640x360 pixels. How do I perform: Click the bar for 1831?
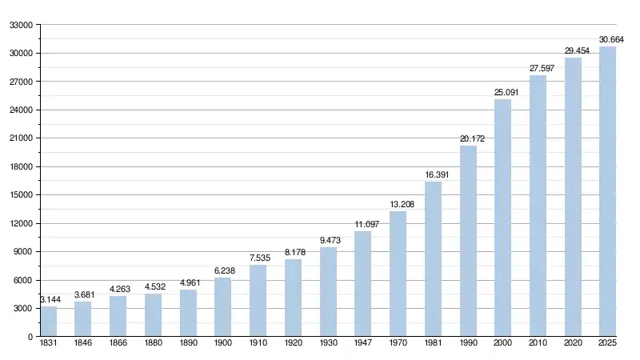pyautogui.click(x=49, y=322)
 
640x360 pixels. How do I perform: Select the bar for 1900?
pyautogui.click(x=222, y=307)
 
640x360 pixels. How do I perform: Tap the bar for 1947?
pyautogui.click(x=362, y=284)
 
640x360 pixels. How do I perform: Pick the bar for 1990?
pyautogui.click(x=468, y=241)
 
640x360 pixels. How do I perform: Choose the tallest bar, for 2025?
pyautogui.click(x=608, y=192)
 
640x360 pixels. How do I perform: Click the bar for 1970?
pyautogui.click(x=398, y=274)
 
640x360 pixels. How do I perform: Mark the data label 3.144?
pyautogui.click(x=50, y=299)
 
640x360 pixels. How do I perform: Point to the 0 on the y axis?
pyautogui.click(x=29, y=337)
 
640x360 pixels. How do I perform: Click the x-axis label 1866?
pyautogui.click(x=118, y=345)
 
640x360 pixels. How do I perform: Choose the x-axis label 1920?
pyautogui.click(x=293, y=345)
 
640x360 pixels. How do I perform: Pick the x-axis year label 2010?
pyautogui.click(x=538, y=345)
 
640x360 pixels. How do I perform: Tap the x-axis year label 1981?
pyautogui.click(x=433, y=345)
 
